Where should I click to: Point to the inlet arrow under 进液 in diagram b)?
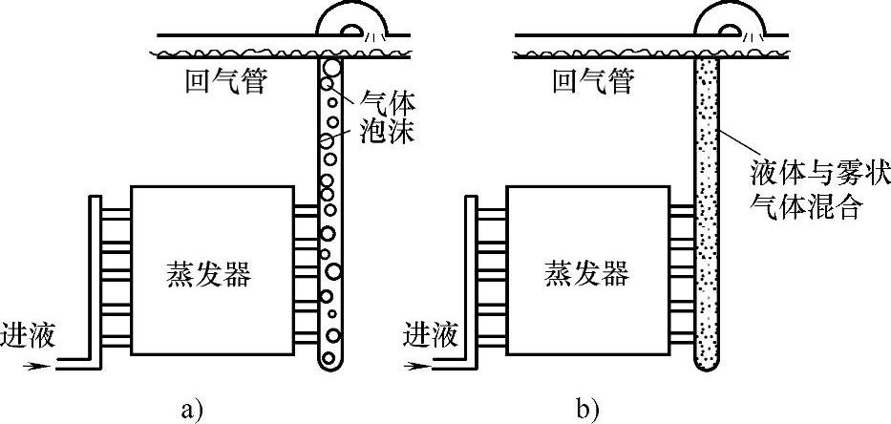412,364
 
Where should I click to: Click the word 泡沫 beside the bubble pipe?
388,130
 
